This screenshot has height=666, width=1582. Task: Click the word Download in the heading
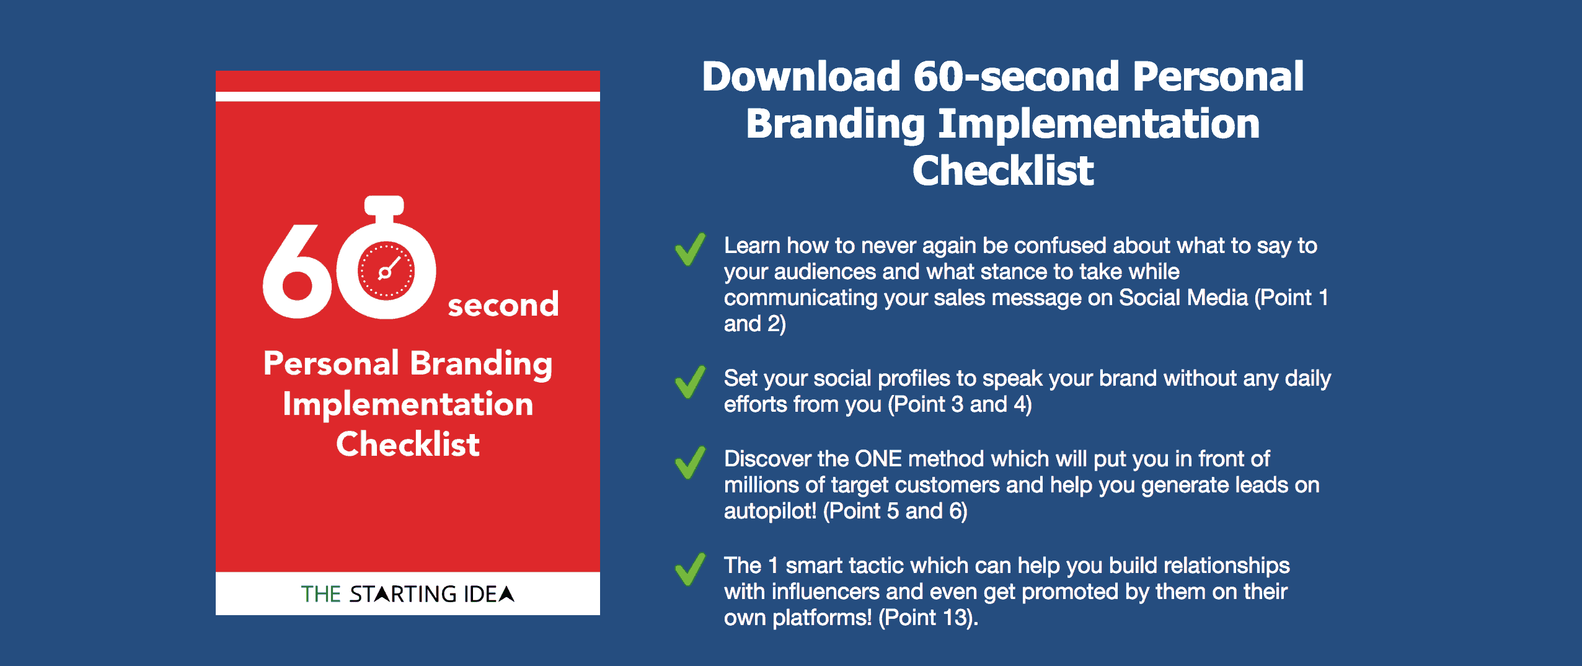pyautogui.click(x=801, y=76)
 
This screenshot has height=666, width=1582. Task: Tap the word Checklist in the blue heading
pyautogui.click(x=1003, y=171)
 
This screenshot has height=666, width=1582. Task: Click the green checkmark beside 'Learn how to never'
pyautogui.click(x=690, y=249)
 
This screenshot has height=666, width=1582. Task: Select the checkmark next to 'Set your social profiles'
pyautogui.click(x=690, y=381)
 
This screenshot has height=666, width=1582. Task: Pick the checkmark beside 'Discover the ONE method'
pyautogui.click(x=690, y=463)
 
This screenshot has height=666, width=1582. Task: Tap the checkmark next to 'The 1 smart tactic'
pyautogui.click(x=690, y=569)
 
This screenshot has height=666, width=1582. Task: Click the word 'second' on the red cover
pyautogui.click(x=503, y=305)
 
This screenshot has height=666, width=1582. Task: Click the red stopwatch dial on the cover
pyautogui.click(x=386, y=270)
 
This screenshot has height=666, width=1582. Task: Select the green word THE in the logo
pyautogui.click(x=321, y=594)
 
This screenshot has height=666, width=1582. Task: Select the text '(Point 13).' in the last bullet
pyautogui.click(x=928, y=618)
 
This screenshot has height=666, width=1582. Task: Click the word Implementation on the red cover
pyautogui.click(x=408, y=404)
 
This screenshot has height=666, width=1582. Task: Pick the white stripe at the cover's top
pyautogui.click(x=408, y=96)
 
